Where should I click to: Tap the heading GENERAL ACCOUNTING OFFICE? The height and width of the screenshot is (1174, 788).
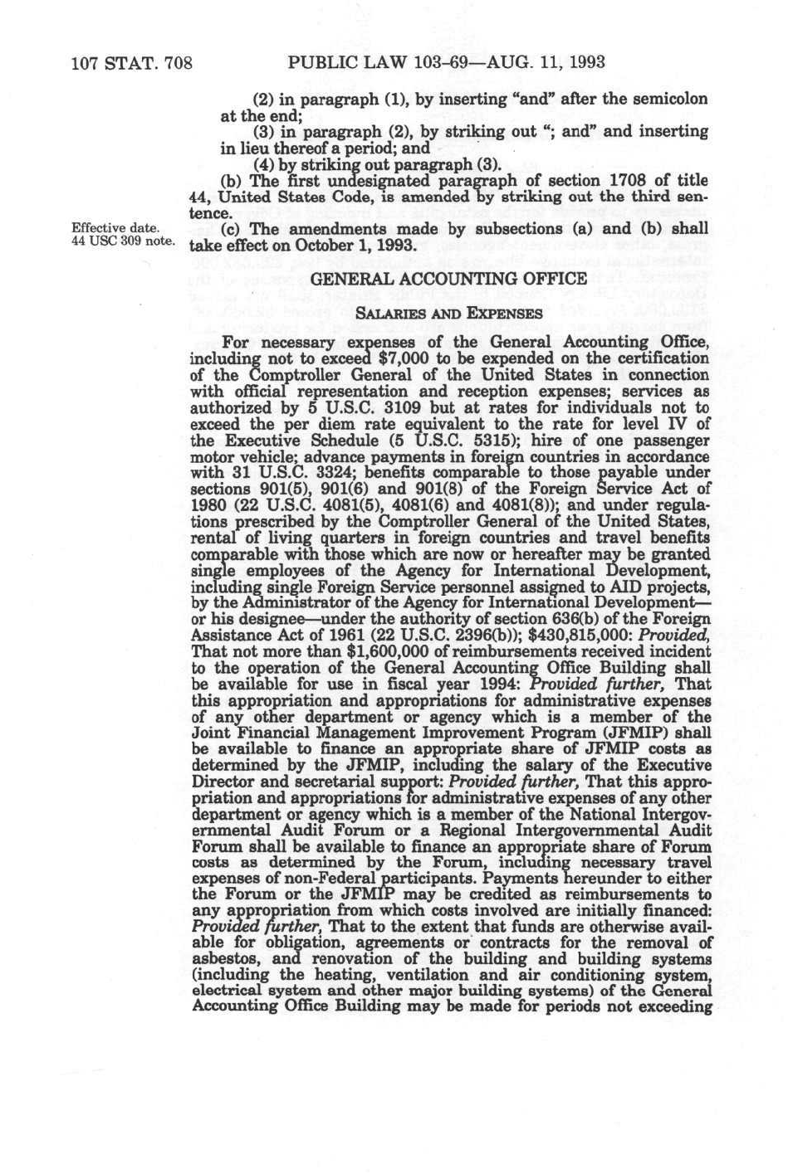tap(449, 280)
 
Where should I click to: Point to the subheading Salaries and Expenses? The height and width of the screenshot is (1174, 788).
tap(449, 313)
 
